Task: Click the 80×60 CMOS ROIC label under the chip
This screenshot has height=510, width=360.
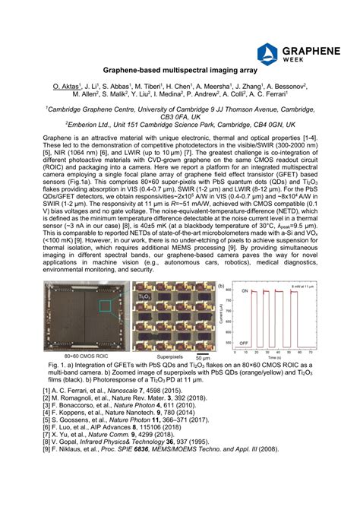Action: [x=84, y=356]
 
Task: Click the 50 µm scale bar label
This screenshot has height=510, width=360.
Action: [x=202, y=357]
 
